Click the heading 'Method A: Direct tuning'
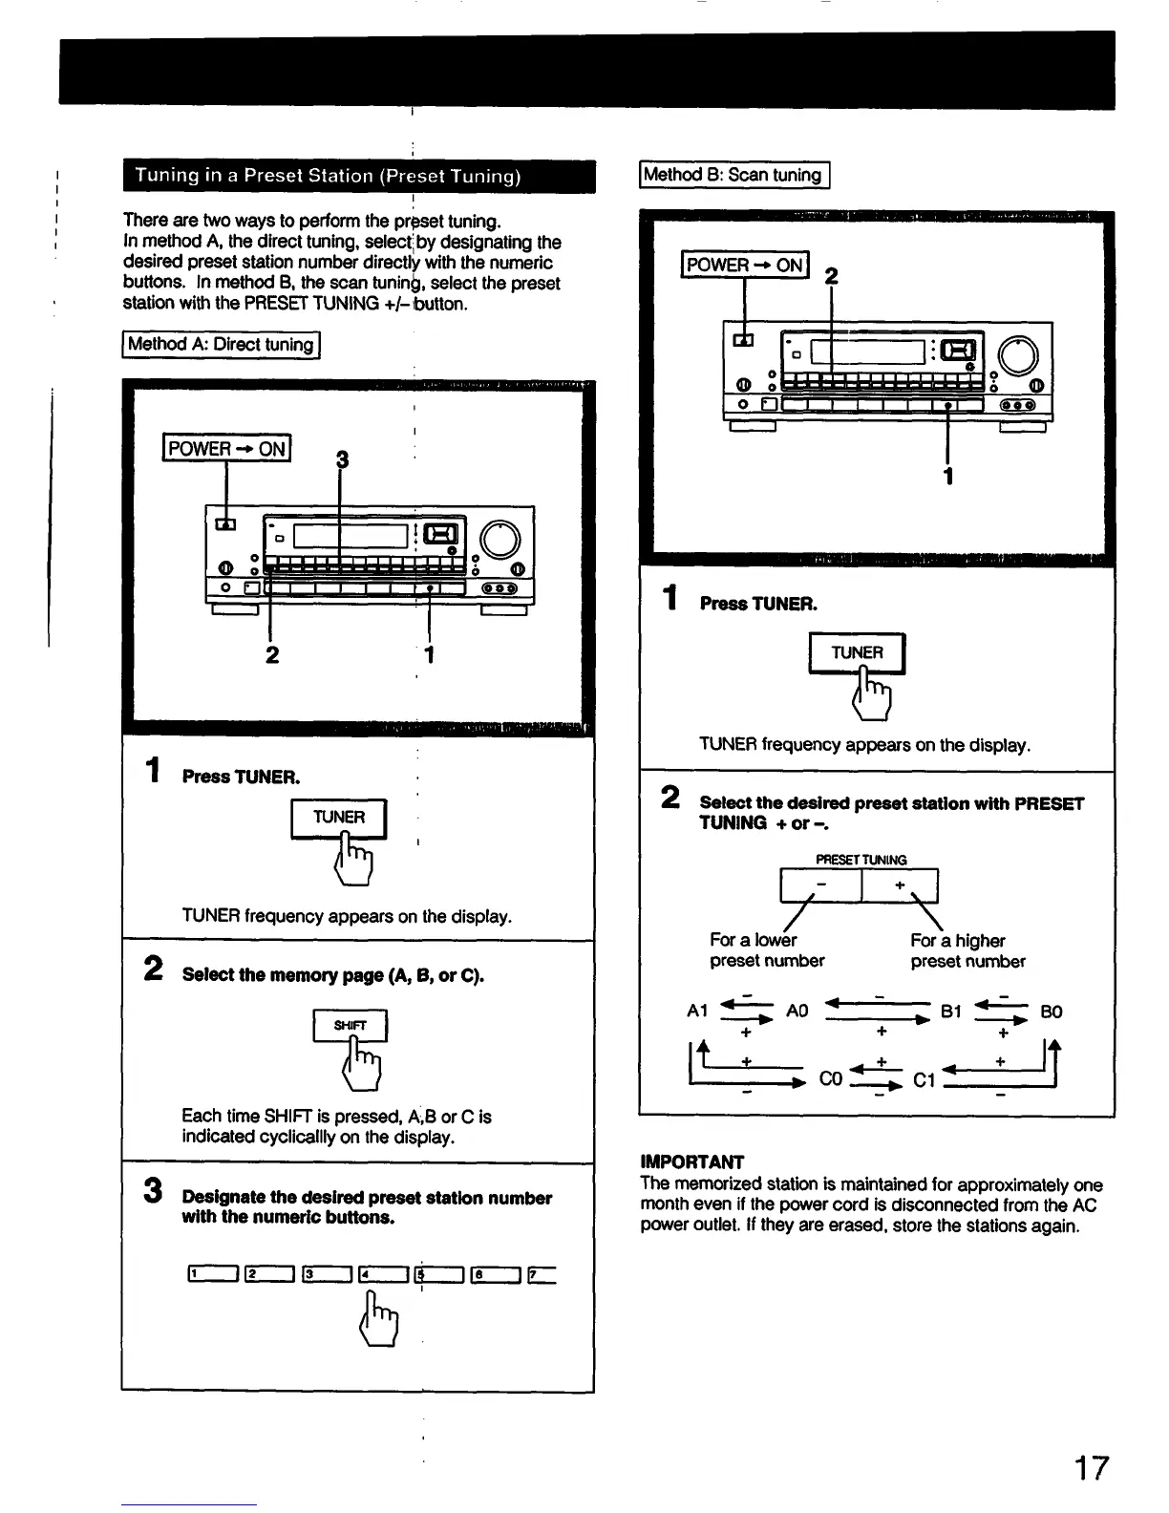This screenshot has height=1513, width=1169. click(221, 344)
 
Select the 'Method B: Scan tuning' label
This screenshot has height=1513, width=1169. click(733, 175)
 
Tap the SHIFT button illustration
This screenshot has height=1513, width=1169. click(350, 1026)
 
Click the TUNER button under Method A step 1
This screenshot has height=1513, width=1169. click(339, 818)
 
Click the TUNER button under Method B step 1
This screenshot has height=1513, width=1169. click(857, 653)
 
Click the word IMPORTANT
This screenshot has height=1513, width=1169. click(691, 1161)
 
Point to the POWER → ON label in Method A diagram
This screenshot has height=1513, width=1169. click(227, 448)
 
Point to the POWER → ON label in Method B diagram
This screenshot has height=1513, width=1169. click(745, 265)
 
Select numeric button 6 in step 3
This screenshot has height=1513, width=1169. click(495, 1273)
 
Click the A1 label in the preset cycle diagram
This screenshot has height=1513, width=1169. click(697, 1012)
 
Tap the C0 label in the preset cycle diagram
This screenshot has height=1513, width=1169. click(831, 1080)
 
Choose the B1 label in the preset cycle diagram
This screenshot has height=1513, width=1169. click(951, 1012)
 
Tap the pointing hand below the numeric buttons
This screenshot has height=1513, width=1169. click(378, 1319)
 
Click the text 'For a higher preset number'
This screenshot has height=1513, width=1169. click(967, 950)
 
